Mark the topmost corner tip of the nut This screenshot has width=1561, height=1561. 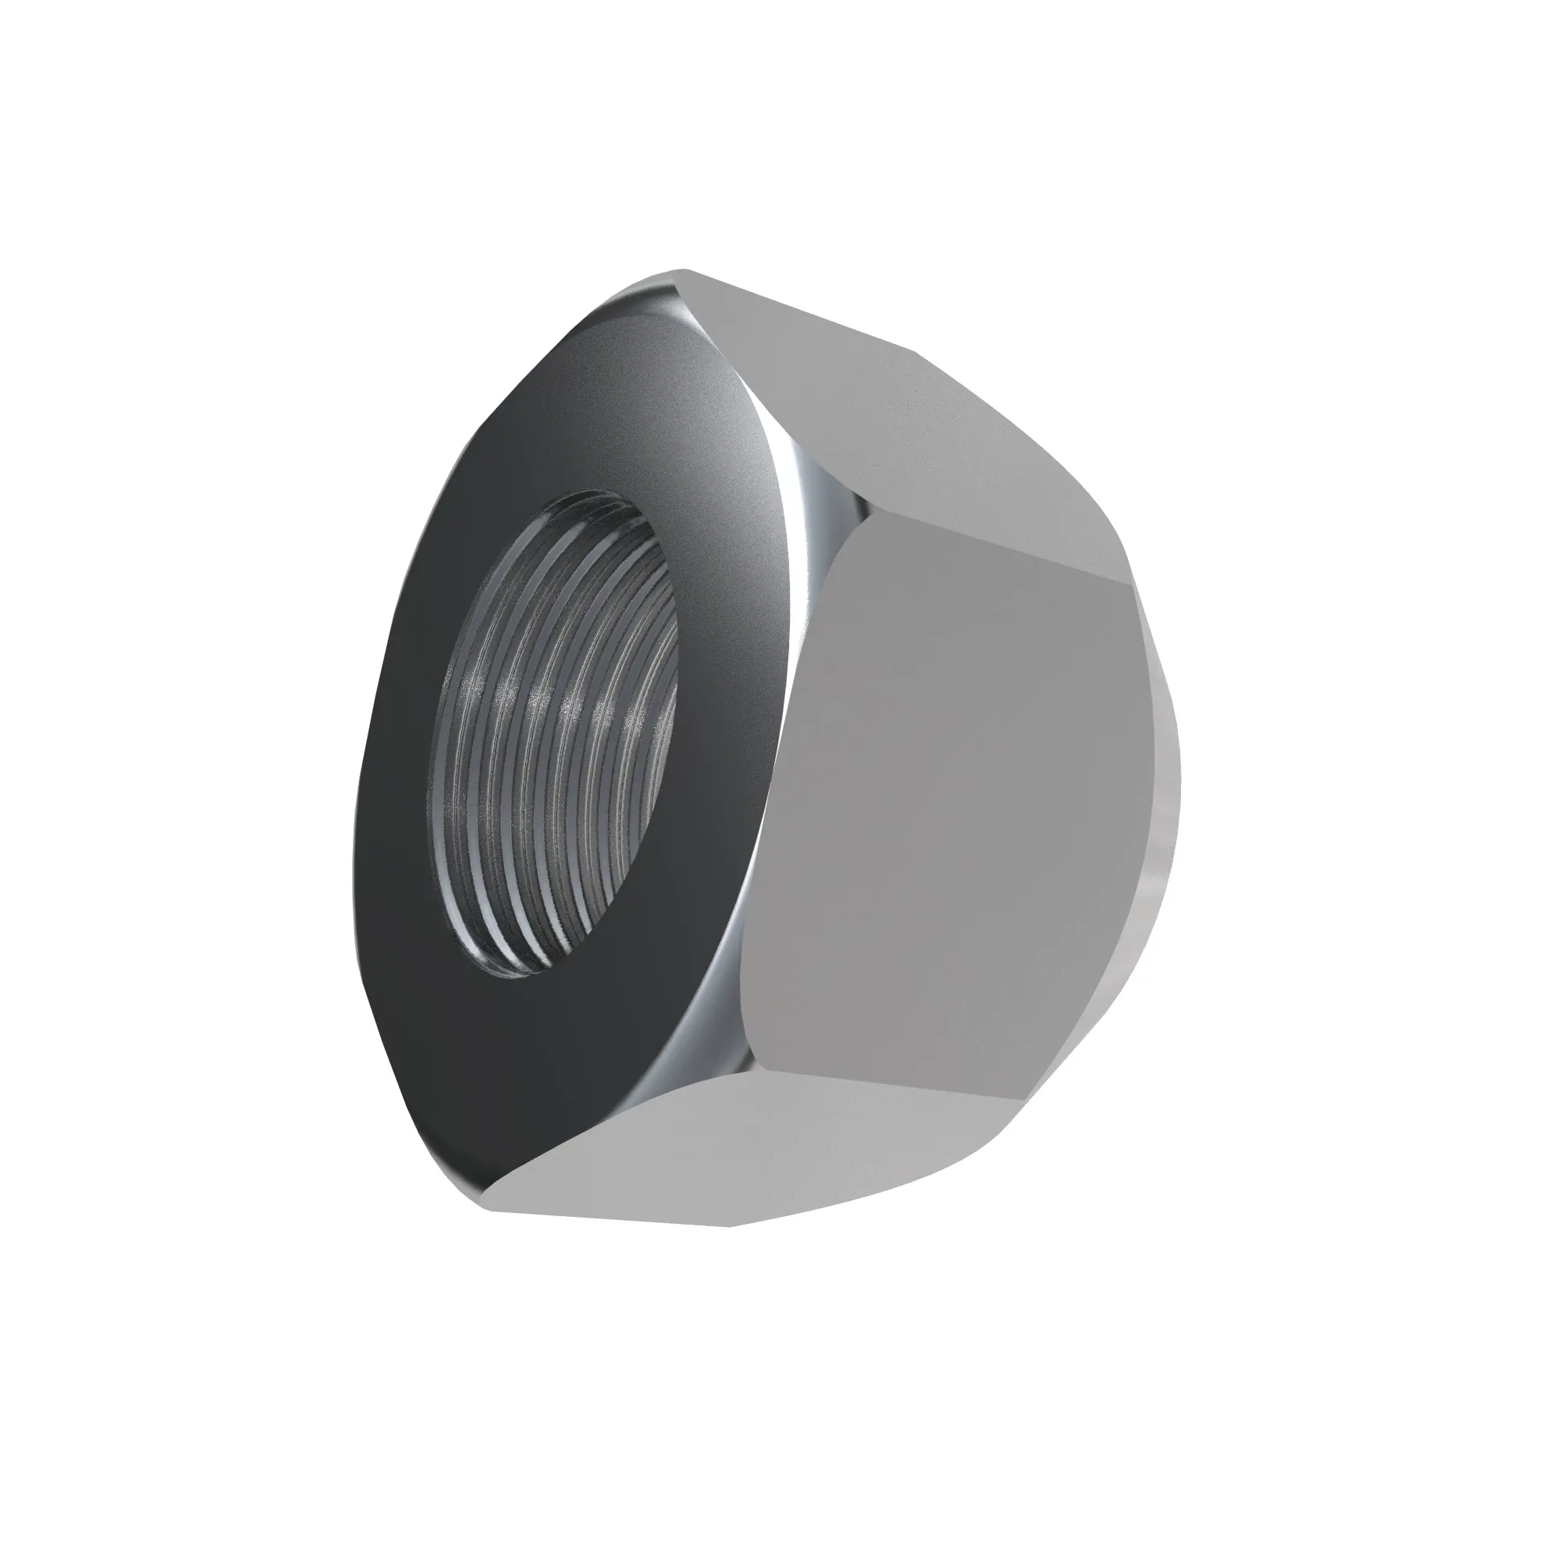[x=685, y=270]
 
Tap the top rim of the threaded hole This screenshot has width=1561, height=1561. [x=598, y=495]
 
